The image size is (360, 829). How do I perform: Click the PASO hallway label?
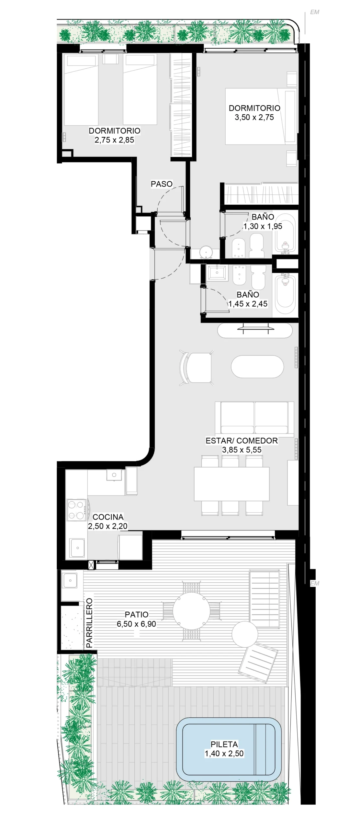[162, 184]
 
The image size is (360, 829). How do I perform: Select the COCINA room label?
[108, 517]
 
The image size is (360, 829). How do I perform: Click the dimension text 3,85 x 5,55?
[242, 450]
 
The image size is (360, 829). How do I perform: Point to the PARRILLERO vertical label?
[89, 623]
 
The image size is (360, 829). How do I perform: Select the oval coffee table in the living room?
[257, 367]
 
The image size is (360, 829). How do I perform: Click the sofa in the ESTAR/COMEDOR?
[254, 417]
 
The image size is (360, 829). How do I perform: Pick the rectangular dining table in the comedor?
[232, 484]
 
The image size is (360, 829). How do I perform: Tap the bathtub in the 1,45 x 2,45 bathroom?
[285, 291]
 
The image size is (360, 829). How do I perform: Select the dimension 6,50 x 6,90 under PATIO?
[136, 624]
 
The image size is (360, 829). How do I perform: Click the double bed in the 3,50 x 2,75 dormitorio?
[261, 116]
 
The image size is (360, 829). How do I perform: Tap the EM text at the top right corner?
[314, 12]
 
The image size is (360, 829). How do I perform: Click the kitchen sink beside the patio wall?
[77, 548]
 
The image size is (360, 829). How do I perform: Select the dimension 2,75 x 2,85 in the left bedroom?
[114, 140]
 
